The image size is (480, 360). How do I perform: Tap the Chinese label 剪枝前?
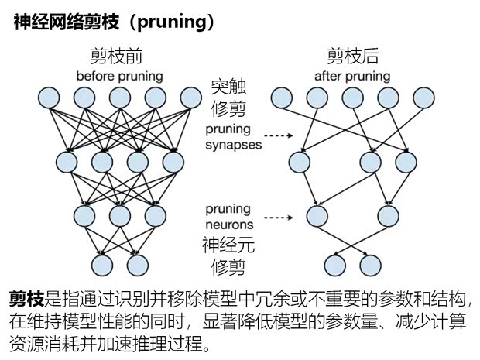[116, 57]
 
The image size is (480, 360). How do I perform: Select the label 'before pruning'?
[119, 76]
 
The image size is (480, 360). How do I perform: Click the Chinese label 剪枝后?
[353, 57]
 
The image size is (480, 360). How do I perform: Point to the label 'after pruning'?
[352, 76]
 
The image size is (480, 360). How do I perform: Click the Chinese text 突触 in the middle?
[228, 87]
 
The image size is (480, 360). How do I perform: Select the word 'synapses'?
[234, 145]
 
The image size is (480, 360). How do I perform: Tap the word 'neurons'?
[229, 225]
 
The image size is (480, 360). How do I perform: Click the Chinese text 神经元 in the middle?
[228, 245]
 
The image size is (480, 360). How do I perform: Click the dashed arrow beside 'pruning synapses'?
[279, 135]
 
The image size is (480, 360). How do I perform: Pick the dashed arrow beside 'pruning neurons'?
[279, 218]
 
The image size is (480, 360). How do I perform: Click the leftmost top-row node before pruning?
[49, 98]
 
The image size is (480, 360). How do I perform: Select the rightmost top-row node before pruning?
[191, 98]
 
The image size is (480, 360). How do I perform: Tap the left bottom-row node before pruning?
[102, 265]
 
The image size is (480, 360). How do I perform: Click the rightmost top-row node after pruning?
[423, 98]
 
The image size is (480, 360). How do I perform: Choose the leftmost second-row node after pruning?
[300, 163]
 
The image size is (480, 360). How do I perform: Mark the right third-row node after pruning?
[388, 216]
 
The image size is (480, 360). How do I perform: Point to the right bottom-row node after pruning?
[371, 265]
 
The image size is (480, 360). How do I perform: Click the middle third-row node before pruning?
[120, 216]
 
